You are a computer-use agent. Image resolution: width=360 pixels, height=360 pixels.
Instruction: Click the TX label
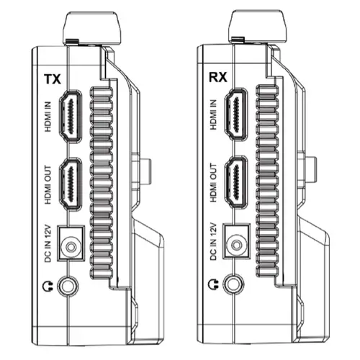pos(53,79)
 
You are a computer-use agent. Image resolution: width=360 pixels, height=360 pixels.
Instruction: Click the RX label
pos(218,77)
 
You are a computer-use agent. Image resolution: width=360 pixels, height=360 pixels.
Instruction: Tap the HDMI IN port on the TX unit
pos(71,117)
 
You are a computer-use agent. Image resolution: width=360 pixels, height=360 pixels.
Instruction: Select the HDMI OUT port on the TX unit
pos(71,184)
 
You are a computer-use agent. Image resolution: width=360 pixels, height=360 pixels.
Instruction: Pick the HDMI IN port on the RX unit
pos(236,114)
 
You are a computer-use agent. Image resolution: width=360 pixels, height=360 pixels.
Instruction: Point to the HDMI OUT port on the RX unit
pos(236,182)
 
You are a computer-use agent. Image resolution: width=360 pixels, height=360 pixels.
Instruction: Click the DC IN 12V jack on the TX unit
pos(71,243)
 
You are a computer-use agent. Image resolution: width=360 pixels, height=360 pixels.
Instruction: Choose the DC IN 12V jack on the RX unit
pos(236,241)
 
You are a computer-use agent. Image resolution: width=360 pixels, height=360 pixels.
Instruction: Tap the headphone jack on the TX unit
pos(68,286)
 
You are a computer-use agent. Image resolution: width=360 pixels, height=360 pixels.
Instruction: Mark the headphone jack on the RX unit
pos(233,284)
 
